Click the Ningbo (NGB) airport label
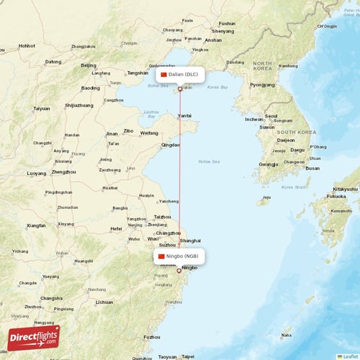coord(179,256)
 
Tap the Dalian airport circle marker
coord(180,89)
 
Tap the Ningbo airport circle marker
coord(179,271)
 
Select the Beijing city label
coord(89,66)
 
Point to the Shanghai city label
coord(191,240)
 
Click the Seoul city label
coord(271,116)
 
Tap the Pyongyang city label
coord(262,84)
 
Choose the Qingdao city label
coord(171,145)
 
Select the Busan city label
coord(312,168)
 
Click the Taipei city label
coord(187,356)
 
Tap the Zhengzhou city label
coord(64,172)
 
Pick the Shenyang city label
coord(223,32)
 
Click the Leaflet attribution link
coord(351,356)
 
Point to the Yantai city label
coord(185,115)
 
